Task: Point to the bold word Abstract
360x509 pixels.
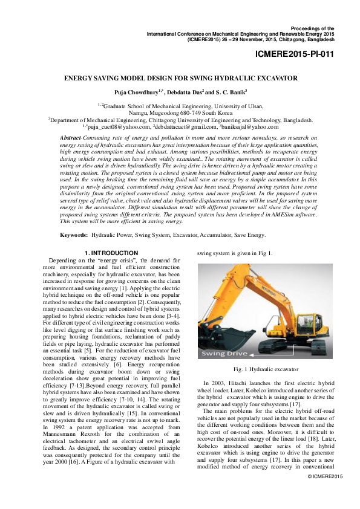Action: tap(72, 139)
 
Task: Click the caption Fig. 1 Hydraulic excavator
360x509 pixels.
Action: tap(266, 368)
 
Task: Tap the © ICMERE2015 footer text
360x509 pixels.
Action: tap(326, 494)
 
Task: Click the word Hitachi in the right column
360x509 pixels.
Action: tap(234, 383)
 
